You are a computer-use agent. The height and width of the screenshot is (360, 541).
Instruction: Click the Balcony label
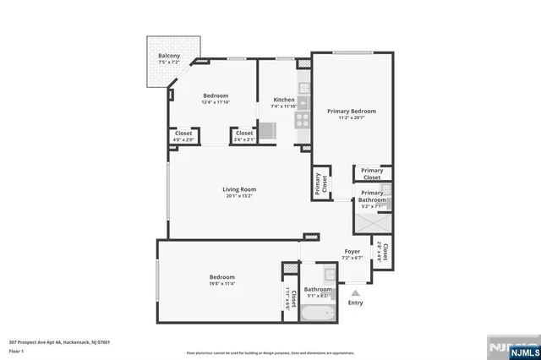tap(168, 57)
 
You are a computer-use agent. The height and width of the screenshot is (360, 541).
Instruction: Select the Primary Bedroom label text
tap(351, 111)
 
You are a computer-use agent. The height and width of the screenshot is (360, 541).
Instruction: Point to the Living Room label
tap(239, 189)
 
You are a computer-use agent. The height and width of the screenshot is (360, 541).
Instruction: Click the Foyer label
tap(352, 252)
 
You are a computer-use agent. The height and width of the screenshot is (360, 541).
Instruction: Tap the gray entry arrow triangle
tap(355, 292)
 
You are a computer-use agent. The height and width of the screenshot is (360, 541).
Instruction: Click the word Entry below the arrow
tap(355, 303)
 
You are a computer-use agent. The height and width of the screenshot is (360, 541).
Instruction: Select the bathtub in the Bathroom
tap(318, 314)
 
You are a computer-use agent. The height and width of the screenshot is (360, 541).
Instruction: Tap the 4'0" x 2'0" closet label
tap(183, 136)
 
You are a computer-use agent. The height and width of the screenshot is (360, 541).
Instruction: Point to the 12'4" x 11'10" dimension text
tap(216, 103)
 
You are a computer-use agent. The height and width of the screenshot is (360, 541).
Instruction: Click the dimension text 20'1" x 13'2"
tap(239, 196)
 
